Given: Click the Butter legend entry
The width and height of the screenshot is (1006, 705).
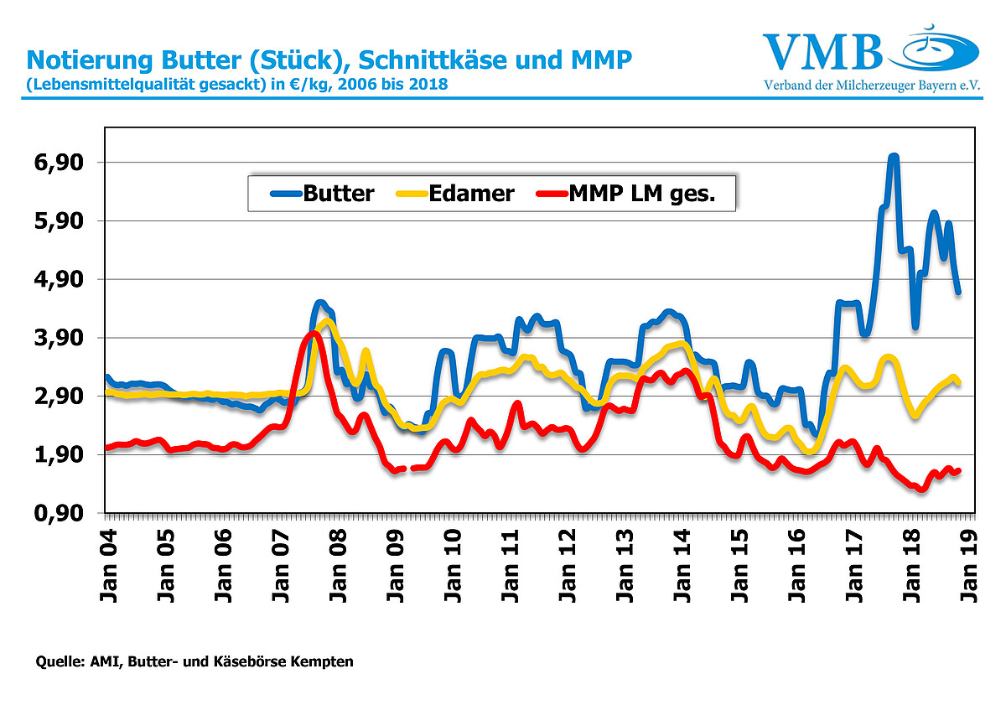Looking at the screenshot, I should [x=323, y=194].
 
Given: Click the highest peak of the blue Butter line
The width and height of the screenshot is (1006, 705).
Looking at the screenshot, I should [x=894, y=157].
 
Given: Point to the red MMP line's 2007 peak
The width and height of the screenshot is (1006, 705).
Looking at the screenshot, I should [x=314, y=334].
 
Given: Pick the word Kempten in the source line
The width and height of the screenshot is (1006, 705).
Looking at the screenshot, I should [x=322, y=662].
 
